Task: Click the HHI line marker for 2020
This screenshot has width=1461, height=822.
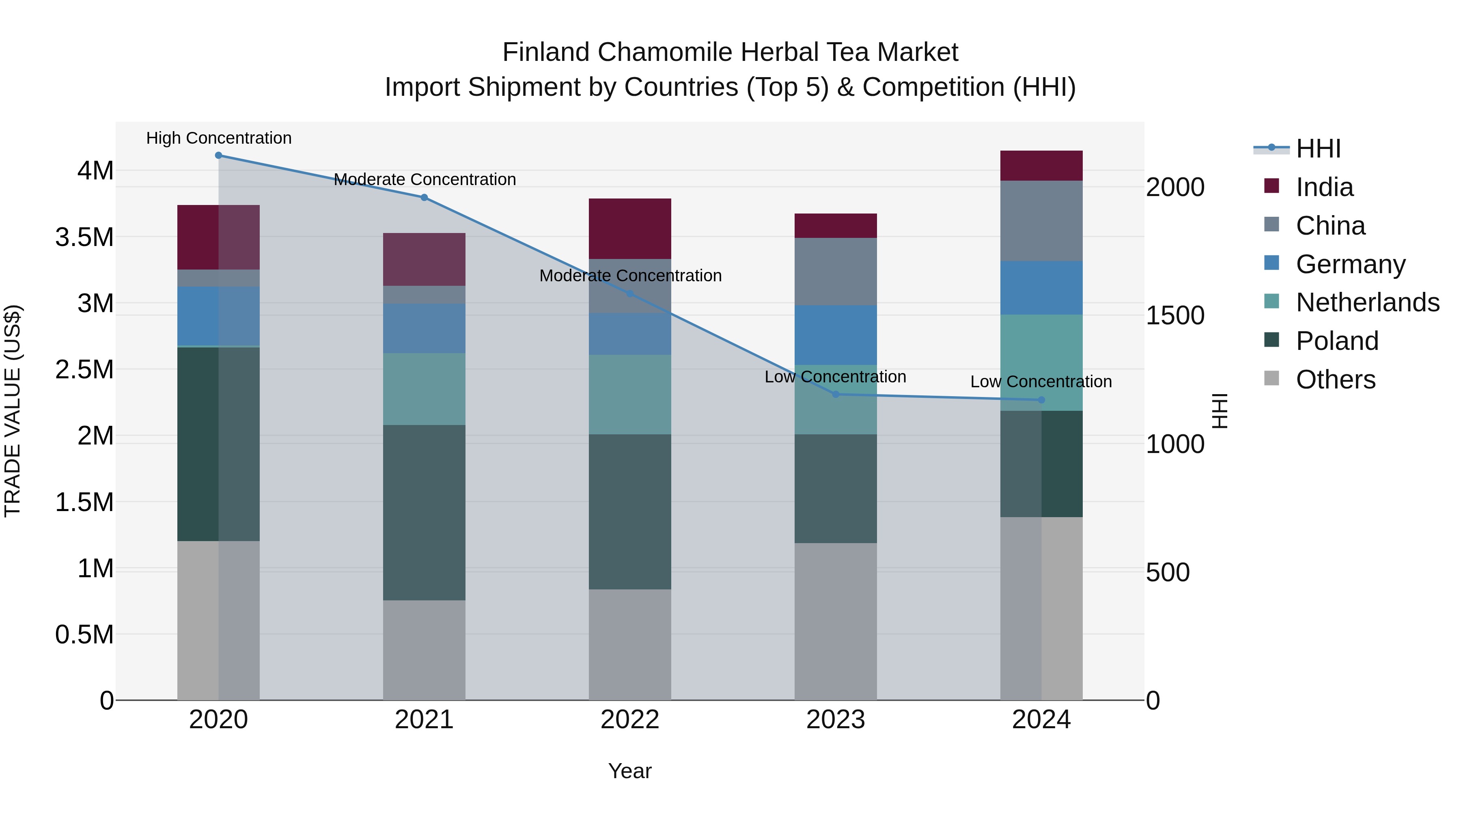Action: [218, 155]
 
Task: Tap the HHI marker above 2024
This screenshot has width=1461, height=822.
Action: [1041, 400]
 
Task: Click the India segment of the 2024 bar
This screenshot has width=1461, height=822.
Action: [1041, 166]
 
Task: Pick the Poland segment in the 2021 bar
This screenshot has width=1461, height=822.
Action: [424, 512]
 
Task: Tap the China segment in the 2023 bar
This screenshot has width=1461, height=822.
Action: [836, 272]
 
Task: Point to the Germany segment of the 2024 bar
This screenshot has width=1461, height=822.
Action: [1041, 288]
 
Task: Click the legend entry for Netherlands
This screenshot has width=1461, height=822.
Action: [1367, 302]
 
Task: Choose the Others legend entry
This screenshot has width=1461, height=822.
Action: [1335, 380]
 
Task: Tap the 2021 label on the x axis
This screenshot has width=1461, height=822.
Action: [424, 720]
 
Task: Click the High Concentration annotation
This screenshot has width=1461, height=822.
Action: [219, 138]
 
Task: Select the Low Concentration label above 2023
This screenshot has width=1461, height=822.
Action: [836, 377]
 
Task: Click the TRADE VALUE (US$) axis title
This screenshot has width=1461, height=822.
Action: [13, 411]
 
